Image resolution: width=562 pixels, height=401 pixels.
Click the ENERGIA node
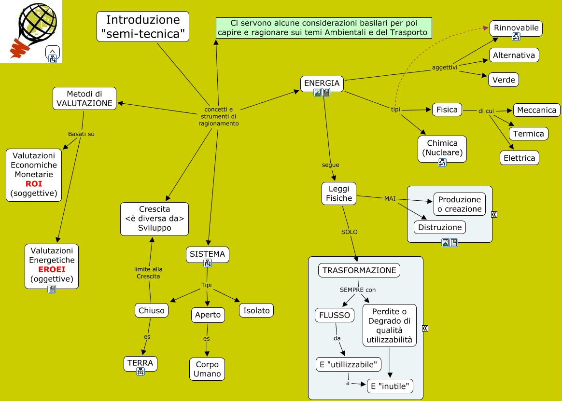(x=322, y=83)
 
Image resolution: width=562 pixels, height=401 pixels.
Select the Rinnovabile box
(x=516, y=28)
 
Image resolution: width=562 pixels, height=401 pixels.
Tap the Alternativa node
(x=514, y=55)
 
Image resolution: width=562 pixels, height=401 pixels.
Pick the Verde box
(x=504, y=80)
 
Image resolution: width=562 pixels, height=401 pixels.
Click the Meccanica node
(x=536, y=110)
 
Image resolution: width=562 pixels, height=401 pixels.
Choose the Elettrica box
(x=519, y=158)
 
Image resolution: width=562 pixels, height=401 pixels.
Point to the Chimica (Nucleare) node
(x=442, y=148)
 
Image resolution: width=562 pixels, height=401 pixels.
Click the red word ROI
(x=34, y=184)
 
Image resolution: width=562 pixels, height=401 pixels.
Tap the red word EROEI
(x=52, y=269)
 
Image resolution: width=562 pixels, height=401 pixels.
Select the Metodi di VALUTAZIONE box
(x=84, y=98)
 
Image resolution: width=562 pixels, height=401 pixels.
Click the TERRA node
(x=140, y=363)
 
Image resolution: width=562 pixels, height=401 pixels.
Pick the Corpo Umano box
(x=207, y=369)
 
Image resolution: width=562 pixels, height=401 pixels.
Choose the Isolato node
(x=256, y=310)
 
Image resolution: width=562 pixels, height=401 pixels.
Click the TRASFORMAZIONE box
(x=359, y=270)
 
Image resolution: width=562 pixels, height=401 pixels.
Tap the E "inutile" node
(x=390, y=386)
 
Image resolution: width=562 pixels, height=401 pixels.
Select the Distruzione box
(x=439, y=227)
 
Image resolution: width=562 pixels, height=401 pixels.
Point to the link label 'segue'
(x=330, y=165)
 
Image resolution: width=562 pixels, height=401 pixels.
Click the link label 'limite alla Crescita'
(x=148, y=273)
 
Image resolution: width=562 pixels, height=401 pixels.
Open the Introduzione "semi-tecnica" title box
(x=143, y=27)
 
